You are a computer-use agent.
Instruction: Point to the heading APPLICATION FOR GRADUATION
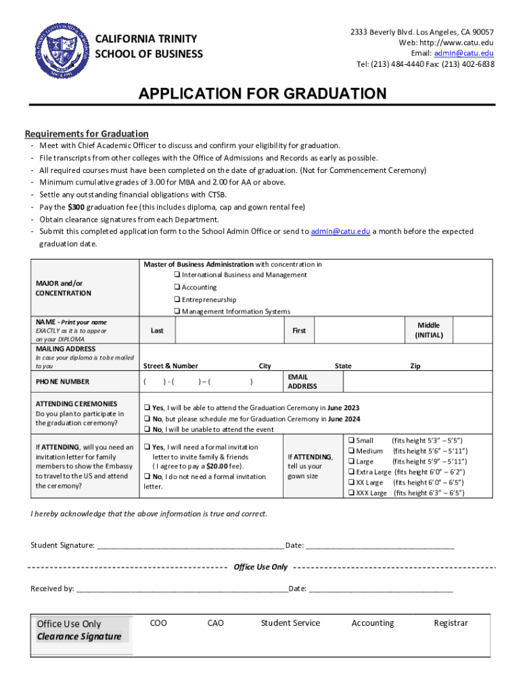click(x=263, y=94)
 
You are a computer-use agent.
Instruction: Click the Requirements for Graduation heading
click(x=87, y=134)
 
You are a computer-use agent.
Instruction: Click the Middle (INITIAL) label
click(x=428, y=330)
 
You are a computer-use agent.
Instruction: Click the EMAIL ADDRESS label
click(x=302, y=381)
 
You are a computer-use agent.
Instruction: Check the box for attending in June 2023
click(x=147, y=408)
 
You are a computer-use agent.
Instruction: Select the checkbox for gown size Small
click(x=351, y=441)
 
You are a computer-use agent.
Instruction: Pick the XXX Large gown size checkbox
click(x=351, y=493)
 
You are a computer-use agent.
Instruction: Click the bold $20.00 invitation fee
click(x=217, y=466)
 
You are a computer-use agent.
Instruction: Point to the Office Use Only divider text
click(x=260, y=567)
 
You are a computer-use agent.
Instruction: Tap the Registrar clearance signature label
click(x=451, y=623)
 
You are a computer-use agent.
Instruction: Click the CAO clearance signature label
click(x=215, y=623)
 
